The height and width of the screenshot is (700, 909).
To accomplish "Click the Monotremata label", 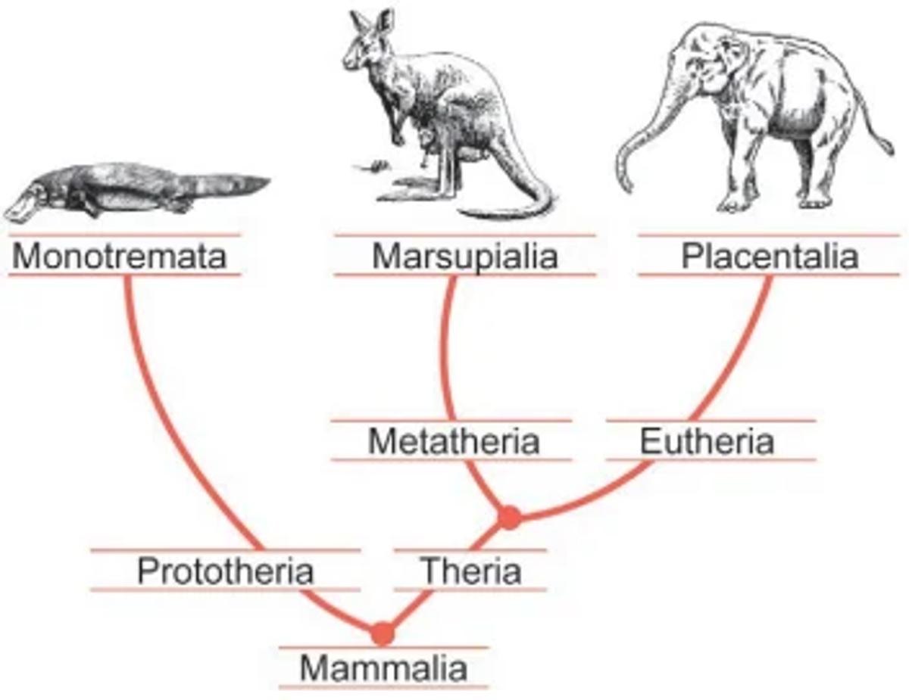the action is coord(120,257).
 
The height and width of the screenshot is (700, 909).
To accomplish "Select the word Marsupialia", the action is coord(464,257).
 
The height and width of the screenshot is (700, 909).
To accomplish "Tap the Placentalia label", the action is coord(770,257).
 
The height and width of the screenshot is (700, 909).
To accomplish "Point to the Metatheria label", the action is coord(453,441).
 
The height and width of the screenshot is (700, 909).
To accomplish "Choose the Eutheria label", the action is coord(707,441).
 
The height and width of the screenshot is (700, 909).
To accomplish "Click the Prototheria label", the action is coord(225,571).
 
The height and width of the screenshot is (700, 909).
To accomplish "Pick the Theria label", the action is coord(470,571).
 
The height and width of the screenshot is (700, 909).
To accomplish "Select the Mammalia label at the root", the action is coord(383,668).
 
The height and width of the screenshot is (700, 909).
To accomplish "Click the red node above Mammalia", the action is coord(383,633).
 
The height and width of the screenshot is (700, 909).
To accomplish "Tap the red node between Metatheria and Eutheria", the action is coord(510,517).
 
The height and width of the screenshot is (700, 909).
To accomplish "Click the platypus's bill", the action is coord(21,206).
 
